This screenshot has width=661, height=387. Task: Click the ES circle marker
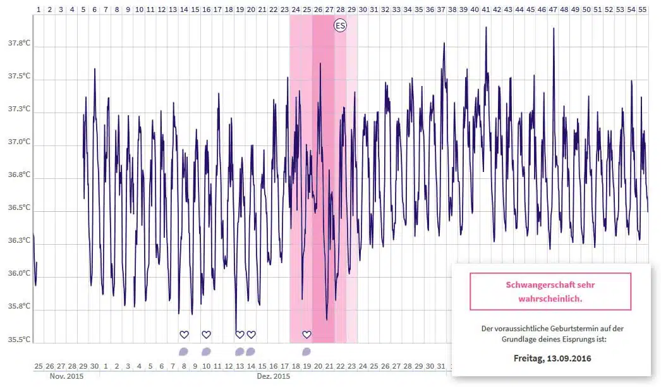point(340,26)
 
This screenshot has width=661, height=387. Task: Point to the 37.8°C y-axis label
point(19,44)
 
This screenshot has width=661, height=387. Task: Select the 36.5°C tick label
point(19,207)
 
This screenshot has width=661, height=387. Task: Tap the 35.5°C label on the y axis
point(19,340)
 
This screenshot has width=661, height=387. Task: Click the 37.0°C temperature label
point(19,142)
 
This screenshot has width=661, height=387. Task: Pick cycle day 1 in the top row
point(39,10)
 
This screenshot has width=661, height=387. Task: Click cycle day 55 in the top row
point(642,10)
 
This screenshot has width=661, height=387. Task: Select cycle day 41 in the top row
point(485,10)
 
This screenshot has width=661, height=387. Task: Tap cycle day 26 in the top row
point(318,10)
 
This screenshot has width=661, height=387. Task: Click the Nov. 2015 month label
point(66,376)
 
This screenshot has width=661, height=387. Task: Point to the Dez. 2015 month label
point(274,376)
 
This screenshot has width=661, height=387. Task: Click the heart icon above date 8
point(184,335)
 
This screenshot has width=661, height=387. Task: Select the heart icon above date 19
point(306,335)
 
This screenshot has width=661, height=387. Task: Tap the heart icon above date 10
point(206,335)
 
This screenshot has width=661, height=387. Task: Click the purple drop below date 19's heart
point(306,352)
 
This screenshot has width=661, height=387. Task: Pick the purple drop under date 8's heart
point(184,352)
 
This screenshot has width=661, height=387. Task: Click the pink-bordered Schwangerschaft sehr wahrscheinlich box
point(550,292)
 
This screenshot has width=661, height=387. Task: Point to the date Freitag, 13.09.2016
point(553,359)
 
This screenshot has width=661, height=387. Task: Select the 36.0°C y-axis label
point(19,273)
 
